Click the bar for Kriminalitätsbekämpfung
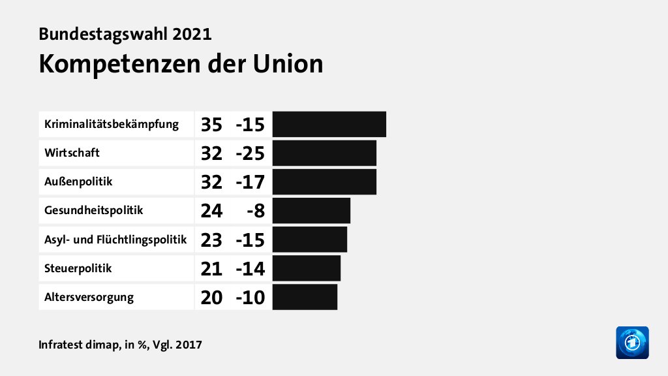coord(329,124)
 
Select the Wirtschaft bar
coord(324,153)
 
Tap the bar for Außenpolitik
coord(324,181)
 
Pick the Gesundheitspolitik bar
coord(311,210)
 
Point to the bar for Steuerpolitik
coord(306,268)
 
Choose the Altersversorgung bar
coord(305,297)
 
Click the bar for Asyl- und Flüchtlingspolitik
coord(309,240)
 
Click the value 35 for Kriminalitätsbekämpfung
coord(211,124)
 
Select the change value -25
coord(250,153)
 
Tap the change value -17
coord(250,182)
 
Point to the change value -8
coord(255,211)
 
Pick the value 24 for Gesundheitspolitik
coord(211,211)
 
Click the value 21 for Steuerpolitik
coord(211,268)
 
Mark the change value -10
coord(250,298)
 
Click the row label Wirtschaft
coord(72,153)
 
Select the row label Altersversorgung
coord(89,297)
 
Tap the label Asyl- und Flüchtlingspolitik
coord(115,240)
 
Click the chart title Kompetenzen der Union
coord(181,63)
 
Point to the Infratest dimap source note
coord(120,344)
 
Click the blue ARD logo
coord(632,342)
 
